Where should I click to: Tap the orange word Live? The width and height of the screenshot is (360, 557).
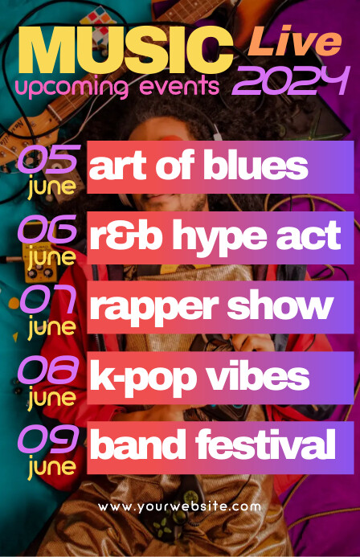click(x=295, y=41)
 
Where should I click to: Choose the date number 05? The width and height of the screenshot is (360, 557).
click(x=49, y=159)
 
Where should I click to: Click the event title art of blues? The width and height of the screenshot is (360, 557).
click(x=199, y=166)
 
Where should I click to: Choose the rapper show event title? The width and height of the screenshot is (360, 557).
click(x=211, y=306)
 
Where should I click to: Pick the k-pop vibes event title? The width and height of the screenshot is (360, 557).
click(x=199, y=377)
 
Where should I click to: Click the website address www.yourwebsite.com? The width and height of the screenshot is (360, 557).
click(x=180, y=507)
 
